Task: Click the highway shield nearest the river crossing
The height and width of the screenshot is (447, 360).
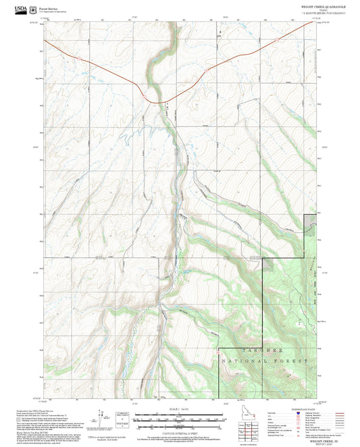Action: (144, 97)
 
